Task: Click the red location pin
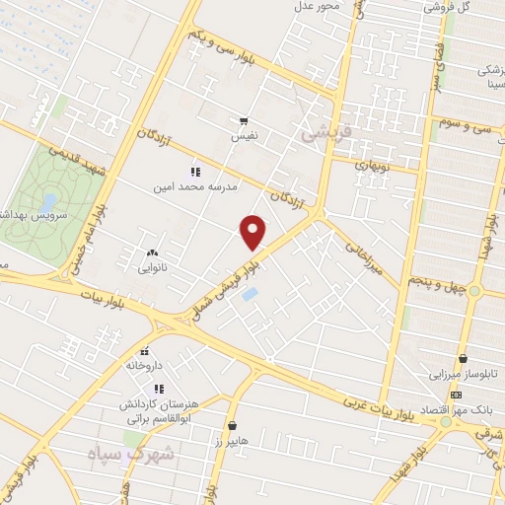(253, 233)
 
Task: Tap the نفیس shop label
(244, 136)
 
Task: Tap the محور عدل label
(317, 8)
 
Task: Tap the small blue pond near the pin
(251, 294)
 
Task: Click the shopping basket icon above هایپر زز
(233, 427)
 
